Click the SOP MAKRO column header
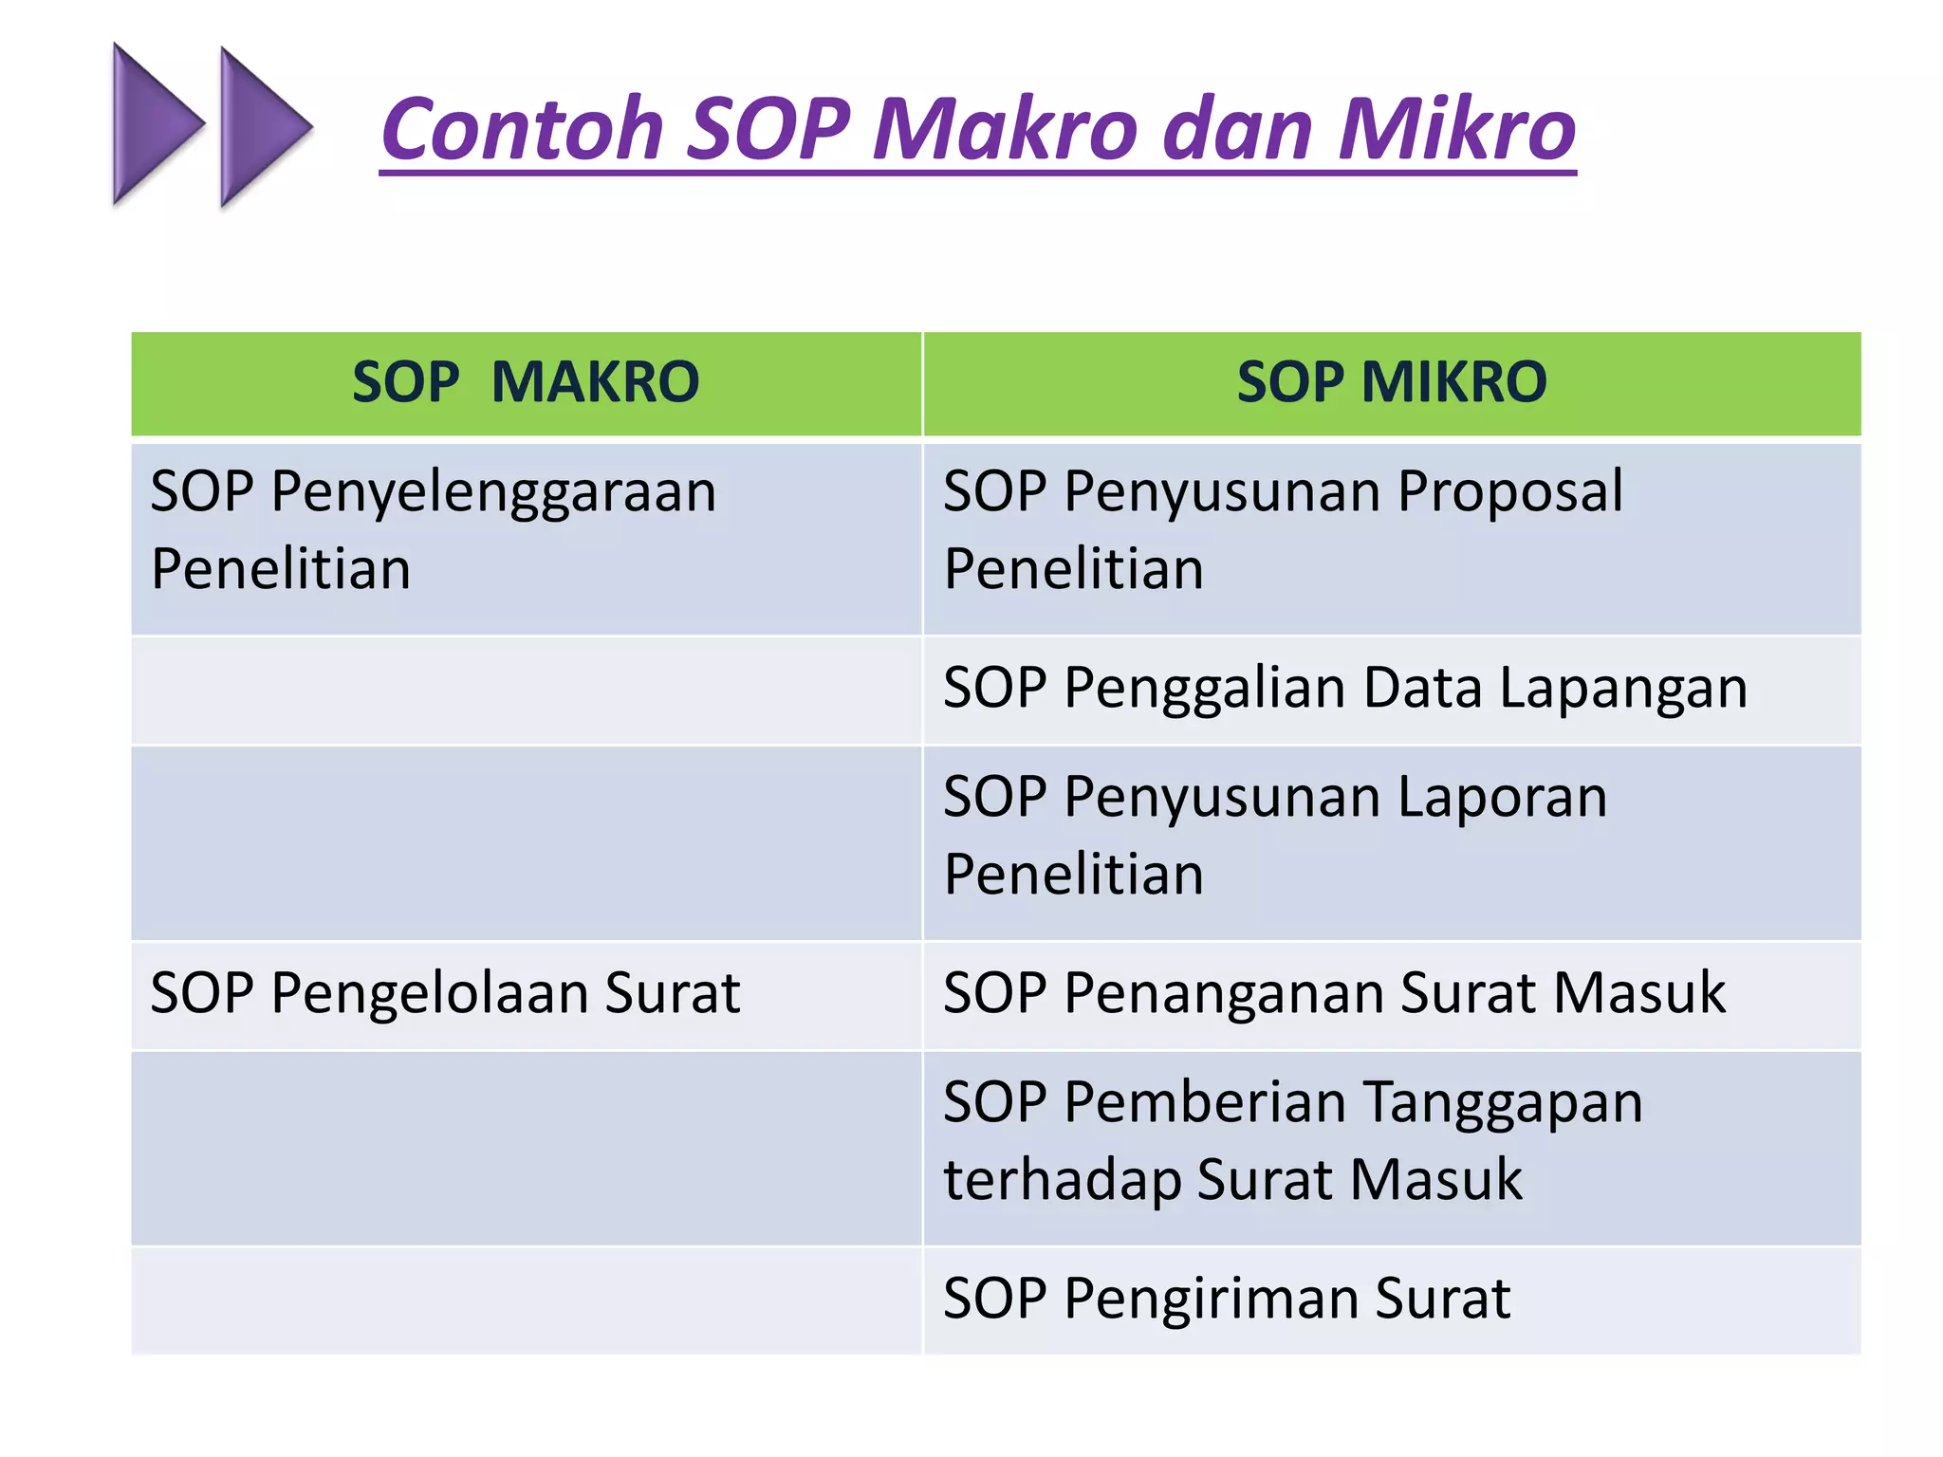(x=526, y=382)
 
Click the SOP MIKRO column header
(x=1391, y=382)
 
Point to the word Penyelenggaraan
(x=493, y=493)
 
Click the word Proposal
(x=1510, y=491)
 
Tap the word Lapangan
(x=1623, y=690)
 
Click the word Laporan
(x=1503, y=797)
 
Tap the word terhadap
(x=1062, y=1180)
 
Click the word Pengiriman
(x=1209, y=1300)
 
